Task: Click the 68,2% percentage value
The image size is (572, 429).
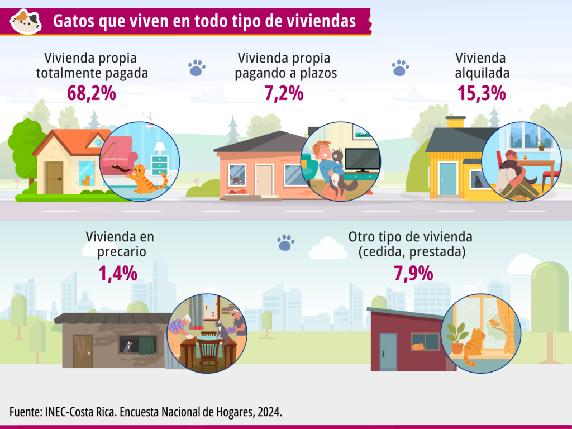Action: (x=92, y=93)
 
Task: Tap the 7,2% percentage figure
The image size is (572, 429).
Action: (x=284, y=93)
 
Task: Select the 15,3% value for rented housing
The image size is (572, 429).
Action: (x=482, y=93)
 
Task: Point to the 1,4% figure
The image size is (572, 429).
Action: (x=118, y=273)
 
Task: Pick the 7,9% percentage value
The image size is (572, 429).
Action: (x=413, y=273)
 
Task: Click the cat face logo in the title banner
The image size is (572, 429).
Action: (x=26, y=22)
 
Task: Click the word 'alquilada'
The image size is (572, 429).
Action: (x=482, y=73)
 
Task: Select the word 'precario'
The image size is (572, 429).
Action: (x=121, y=252)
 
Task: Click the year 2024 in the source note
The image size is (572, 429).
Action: (x=269, y=412)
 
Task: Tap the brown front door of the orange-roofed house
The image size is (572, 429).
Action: (x=54, y=178)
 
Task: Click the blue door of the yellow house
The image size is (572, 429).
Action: (x=448, y=179)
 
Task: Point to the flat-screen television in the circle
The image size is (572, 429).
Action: (x=362, y=160)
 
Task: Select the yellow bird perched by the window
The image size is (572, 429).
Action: (x=494, y=323)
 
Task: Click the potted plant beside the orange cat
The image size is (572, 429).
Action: (x=457, y=338)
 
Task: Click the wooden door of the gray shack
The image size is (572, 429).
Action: (x=83, y=351)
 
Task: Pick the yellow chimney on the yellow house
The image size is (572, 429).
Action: (x=456, y=122)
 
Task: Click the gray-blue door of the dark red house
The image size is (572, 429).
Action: (x=388, y=352)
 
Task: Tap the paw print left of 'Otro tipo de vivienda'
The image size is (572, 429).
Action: (x=285, y=242)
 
